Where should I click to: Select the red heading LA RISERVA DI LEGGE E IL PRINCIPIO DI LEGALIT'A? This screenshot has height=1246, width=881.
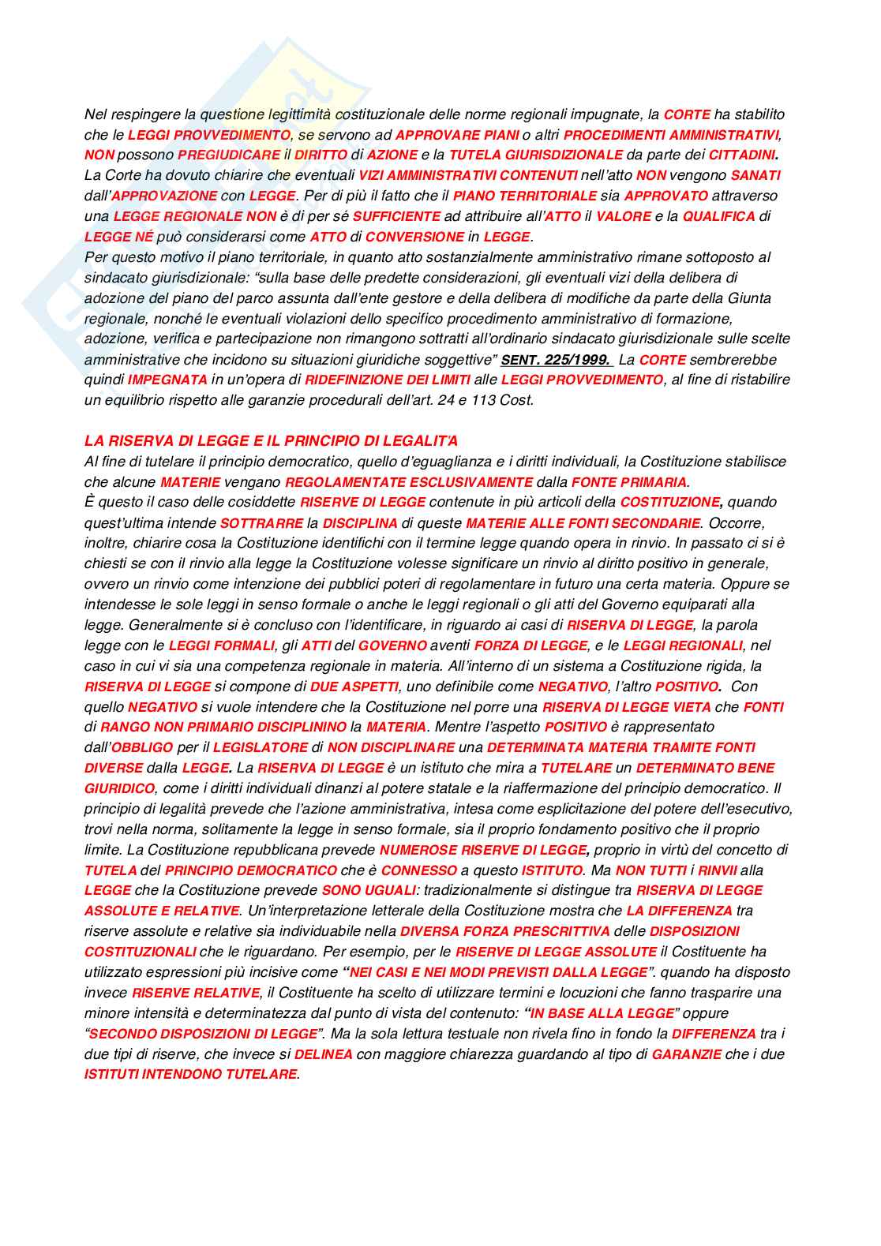tap(271, 441)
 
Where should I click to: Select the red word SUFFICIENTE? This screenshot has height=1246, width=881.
tap(396, 216)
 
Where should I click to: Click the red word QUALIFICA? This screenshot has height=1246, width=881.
tap(719, 216)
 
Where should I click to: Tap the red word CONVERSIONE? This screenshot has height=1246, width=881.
tap(414, 237)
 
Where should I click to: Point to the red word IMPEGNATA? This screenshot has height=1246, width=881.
tap(168, 380)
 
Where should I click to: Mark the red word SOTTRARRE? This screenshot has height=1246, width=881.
tap(261, 523)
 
